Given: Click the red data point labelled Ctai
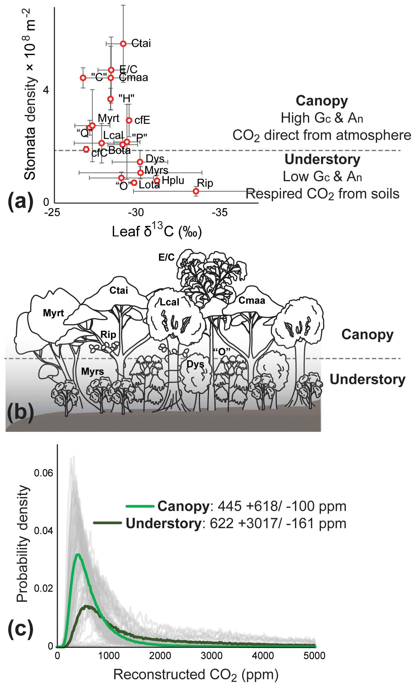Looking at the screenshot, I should [123, 44].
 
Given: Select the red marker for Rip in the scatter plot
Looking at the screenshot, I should [196, 191].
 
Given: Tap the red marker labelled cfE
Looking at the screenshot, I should [129, 120].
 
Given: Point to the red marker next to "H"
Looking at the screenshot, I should [111, 99].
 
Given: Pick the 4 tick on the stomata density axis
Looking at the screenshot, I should [46, 90].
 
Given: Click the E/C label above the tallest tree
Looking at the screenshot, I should [167, 257].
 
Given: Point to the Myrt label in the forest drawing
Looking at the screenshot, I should [53, 313].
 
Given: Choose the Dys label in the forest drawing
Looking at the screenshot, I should [195, 364].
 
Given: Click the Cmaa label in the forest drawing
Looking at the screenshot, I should [252, 300].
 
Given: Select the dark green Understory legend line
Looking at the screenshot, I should [108, 523].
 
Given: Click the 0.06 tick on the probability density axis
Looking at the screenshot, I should [43, 473].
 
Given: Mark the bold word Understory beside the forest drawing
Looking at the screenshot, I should [367, 379].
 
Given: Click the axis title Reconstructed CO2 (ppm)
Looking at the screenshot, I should [196, 674].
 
